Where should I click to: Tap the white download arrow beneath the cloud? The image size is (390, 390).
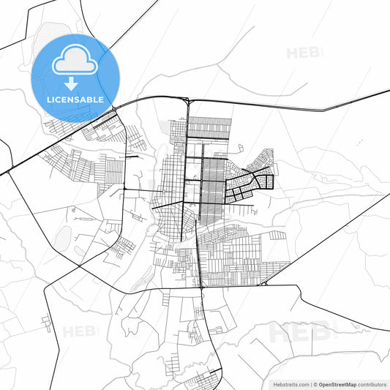tap(71, 81)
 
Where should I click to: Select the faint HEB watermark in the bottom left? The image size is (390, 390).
tap(79, 331)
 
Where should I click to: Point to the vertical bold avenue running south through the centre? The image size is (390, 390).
tap(199, 256)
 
